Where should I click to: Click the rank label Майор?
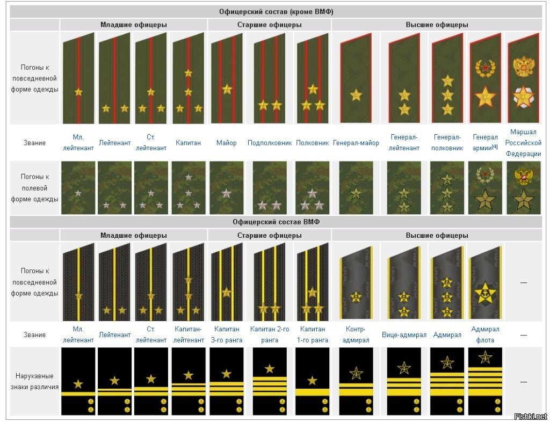[226, 143]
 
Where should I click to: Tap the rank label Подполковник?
[270, 143]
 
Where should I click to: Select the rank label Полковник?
[312, 143]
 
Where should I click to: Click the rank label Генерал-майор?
[356, 143]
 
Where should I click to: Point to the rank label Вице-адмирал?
[404, 334]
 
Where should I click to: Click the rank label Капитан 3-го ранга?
[227, 334]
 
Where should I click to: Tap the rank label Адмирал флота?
[485, 334]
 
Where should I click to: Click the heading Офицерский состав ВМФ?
[278, 222]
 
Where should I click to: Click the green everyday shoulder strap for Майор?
[226, 78]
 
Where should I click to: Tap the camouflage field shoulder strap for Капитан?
[187, 188]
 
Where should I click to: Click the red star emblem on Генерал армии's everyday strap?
[485, 68]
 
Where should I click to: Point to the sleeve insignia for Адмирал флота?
[485, 381]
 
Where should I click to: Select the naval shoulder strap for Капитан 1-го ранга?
[312, 282]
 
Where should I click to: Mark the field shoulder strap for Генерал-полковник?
[447, 188]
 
